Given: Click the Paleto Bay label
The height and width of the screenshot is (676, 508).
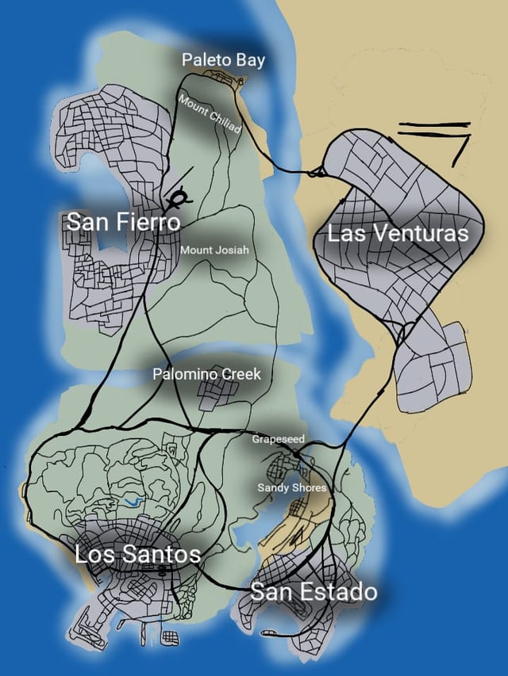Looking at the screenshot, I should [x=223, y=59].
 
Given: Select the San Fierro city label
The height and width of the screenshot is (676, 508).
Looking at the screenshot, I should [x=123, y=222].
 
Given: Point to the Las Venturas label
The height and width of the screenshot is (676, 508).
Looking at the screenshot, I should [x=398, y=233].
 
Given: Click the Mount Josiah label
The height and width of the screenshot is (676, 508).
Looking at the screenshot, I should [x=214, y=250].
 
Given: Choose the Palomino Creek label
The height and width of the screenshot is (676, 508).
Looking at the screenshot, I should [x=206, y=374].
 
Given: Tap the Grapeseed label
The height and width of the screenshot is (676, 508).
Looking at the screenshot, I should [x=278, y=438].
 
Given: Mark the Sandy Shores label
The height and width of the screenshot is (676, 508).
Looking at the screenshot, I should [x=291, y=487].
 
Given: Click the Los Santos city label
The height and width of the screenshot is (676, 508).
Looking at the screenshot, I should [x=137, y=553].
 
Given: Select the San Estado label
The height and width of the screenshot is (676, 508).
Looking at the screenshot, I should [x=314, y=591].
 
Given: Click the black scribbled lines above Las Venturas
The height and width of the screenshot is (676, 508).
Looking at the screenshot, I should [x=434, y=136].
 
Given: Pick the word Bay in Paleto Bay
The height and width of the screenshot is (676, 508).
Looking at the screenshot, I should [x=250, y=59].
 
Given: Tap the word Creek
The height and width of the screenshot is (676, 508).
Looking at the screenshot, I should [x=241, y=374].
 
